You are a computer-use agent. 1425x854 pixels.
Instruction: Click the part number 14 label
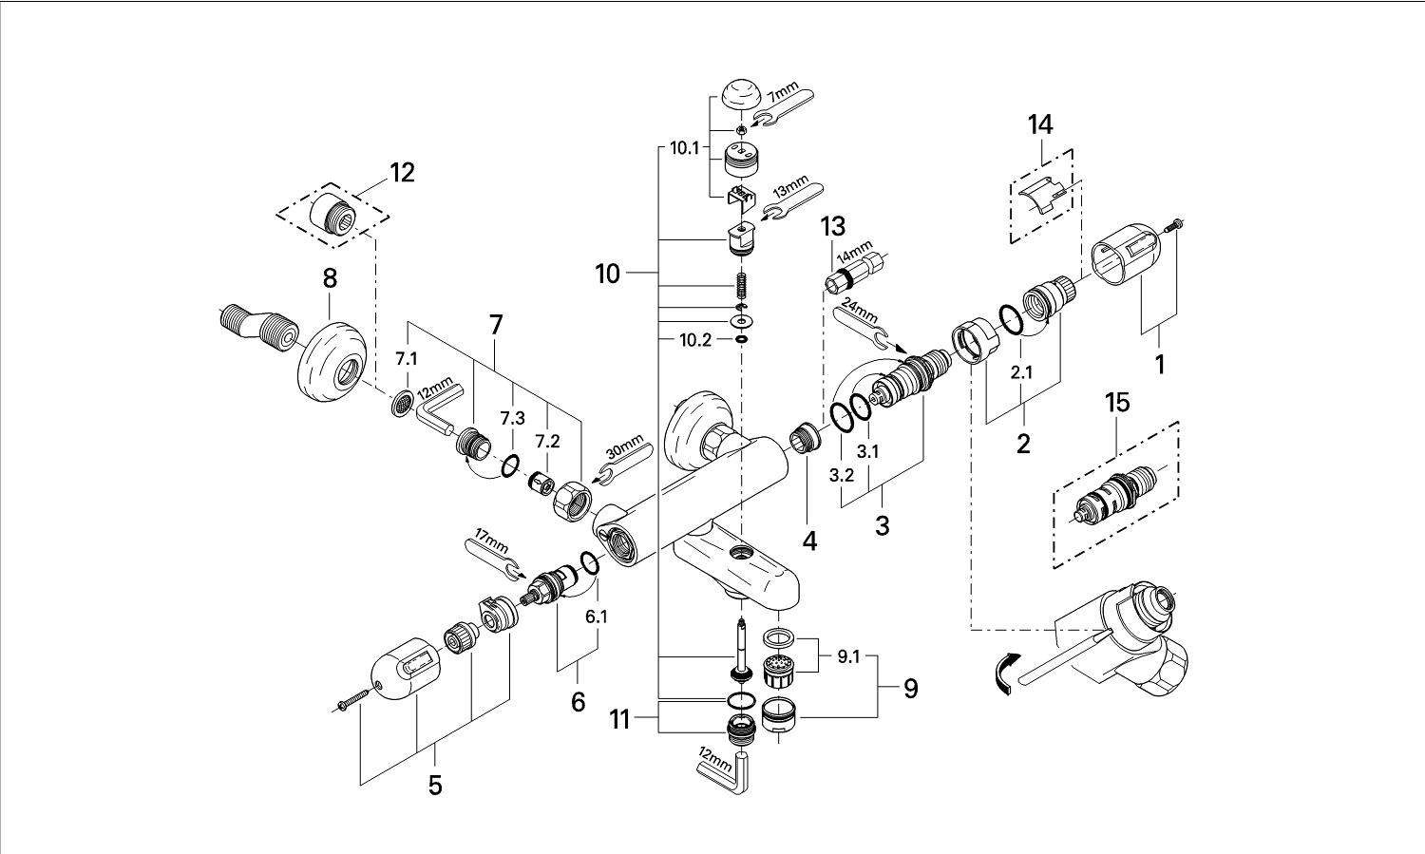click(1040, 124)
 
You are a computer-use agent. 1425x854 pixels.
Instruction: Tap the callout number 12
click(401, 173)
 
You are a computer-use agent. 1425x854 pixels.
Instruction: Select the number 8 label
click(330, 278)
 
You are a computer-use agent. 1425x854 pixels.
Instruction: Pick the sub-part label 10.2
click(694, 340)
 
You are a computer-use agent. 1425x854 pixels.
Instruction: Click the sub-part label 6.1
click(596, 617)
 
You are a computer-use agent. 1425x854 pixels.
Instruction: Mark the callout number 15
click(1117, 403)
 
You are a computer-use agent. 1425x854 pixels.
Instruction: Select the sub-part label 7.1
click(407, 358)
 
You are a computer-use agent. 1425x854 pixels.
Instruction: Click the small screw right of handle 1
click(1175, 224)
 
